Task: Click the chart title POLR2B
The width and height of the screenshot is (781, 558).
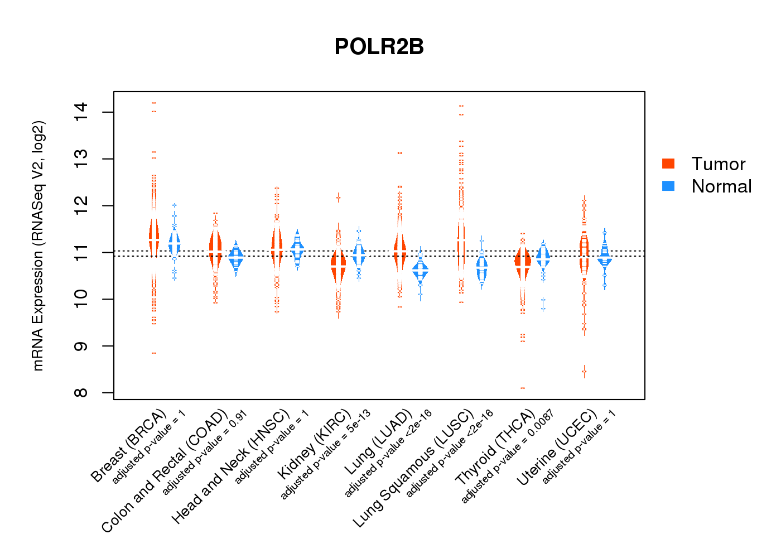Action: point(379,47)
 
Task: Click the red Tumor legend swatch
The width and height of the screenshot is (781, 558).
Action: point(668,163)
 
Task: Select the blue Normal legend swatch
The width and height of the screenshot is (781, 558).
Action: point(668,186)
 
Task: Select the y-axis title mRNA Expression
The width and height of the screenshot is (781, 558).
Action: point(38,246)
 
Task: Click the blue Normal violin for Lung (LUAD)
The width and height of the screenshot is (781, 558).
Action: point(420,270)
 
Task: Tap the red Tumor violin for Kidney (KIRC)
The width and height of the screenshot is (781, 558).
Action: point(338,266)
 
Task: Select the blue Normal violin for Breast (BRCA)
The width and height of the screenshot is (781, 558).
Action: point(175,243)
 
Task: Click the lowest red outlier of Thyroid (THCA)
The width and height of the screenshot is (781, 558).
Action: point(523,388)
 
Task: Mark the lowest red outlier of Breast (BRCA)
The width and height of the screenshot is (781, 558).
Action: point(154,353)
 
